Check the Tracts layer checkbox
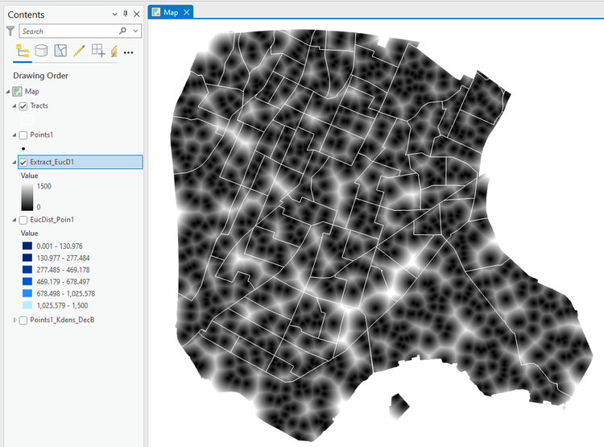pos(23,106)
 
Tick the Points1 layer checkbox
pos(23,135)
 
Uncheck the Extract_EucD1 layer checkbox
pos(23,163)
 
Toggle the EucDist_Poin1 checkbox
pos(23,219)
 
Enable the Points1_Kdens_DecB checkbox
pos(23,321)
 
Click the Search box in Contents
pos(68,31)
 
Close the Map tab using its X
pos(187,12)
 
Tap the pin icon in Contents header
pos(125,14)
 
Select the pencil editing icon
pos(79,52)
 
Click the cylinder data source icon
pos(42,52)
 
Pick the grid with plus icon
pos(98,52)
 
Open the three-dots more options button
pos(128,52)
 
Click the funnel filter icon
pos(10,31)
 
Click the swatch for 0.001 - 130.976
pos(27,246)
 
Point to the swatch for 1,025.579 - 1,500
pos(27,306)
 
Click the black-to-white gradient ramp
pos(27,196)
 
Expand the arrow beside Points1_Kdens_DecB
pos(15,321)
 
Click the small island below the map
pos(395,404)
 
